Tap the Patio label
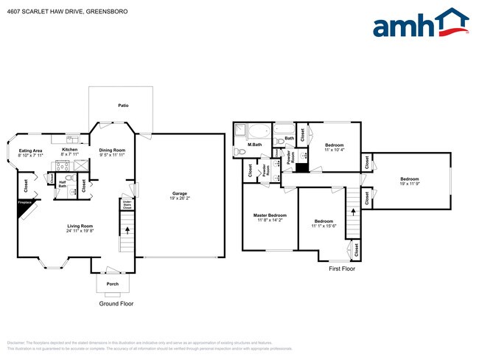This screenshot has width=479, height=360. point(123,105)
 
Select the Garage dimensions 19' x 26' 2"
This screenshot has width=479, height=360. point(180,198)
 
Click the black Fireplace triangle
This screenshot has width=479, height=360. point(27,210)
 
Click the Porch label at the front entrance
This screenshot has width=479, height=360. point(113,283)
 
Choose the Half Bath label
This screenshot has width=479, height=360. point(62,185)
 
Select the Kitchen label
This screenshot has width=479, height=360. point(70,149)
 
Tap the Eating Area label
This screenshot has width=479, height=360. point(30,150)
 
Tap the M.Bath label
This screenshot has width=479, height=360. point(255,145)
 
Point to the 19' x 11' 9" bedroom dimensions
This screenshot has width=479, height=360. point(410,184)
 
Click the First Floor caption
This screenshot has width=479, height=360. point(341,269)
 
